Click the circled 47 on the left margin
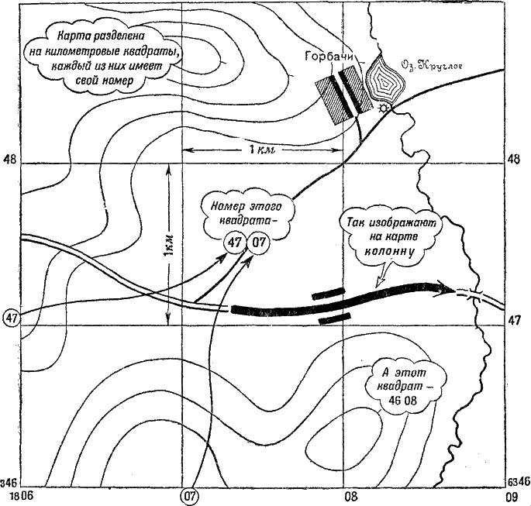coord(11,318)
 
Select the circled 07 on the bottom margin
coord(188,494)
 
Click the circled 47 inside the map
coord(234,243)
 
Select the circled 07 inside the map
coord(259,243)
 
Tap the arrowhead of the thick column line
coord(447,290)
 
